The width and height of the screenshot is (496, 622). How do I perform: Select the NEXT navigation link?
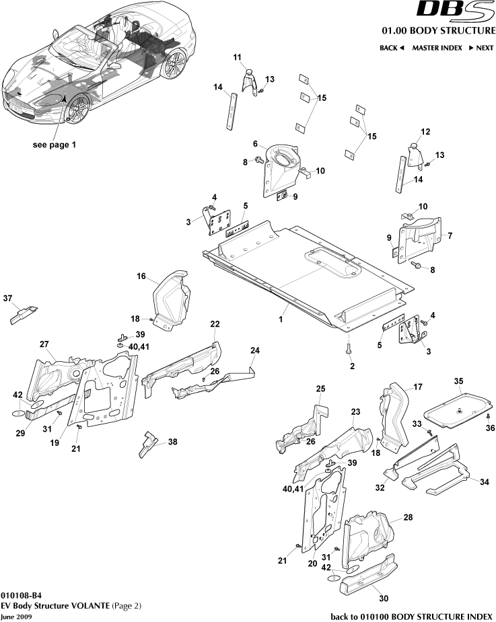point(476,48)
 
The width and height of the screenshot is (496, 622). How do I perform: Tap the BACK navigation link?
point(391,48)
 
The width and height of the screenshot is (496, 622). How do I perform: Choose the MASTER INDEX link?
point(437,48)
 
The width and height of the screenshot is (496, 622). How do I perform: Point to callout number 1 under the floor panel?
point(281,320)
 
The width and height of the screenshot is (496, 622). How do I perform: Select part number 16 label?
point(141,276)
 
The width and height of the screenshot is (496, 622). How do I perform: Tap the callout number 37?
point(8,298)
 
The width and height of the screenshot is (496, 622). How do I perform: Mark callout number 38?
point(173,442)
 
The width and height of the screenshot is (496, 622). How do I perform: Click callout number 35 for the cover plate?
point(459,382)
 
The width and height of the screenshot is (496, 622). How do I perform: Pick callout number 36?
point(490,428)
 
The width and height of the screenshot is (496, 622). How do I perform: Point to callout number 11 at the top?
point(237,59)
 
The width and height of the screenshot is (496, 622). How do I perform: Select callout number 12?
point(425,131)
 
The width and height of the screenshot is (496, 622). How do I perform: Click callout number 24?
point(255,350)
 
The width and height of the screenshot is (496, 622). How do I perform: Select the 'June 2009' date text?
point(15,616)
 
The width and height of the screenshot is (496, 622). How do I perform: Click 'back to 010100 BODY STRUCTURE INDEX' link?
point(412,616)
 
